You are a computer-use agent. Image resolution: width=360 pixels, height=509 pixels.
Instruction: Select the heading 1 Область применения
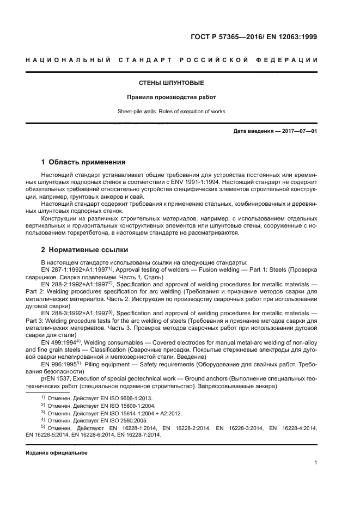coord(84,162)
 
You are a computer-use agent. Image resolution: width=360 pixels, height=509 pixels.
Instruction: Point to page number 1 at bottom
coord(316,463)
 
